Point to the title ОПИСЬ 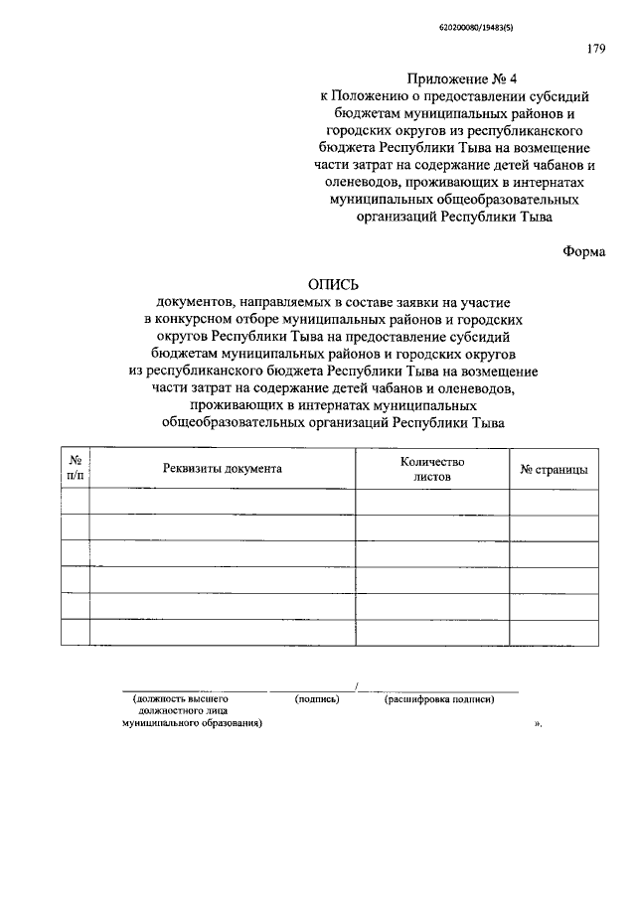coord(331,286)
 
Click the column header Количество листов coord(432,469)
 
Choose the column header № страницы coord(554,469)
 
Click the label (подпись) coord(318,699)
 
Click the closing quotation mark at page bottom coord(538,725)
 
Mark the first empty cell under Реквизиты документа coord(224,503)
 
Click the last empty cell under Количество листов coord(432,632)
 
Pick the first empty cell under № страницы coord(554,503)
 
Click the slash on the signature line coord(356,686)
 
